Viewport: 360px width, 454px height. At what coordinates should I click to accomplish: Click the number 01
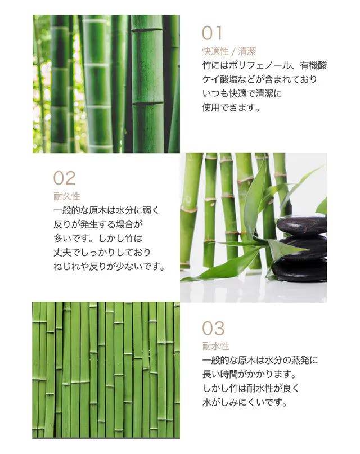[212, 33]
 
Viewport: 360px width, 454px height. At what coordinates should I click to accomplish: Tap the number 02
[65, 178]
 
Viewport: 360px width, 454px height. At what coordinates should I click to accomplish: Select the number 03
[213, 329]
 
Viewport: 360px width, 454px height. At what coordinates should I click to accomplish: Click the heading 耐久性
[66, 196]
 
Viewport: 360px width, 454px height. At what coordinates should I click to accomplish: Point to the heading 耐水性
[215, 346]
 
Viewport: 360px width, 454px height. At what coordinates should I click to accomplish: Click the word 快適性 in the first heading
[215, 52]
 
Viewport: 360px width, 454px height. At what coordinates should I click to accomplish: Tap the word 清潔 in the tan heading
[247, 52]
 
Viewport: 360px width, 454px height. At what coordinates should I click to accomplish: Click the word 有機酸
[313, 65]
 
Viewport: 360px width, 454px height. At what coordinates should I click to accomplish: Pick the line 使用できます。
[231, 107]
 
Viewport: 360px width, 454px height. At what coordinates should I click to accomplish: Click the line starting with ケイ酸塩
[259, 79]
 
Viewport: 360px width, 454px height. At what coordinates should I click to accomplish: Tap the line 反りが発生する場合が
[98, 224]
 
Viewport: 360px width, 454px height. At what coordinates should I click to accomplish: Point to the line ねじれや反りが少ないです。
[109, 266]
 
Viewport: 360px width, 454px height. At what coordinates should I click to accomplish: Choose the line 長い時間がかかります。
[249, 374]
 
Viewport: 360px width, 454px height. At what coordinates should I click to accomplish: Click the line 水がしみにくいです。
[245, 402]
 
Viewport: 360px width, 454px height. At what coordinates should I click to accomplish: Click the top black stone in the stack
[302, 225]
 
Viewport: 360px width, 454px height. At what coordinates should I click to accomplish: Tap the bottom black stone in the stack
[300, 270]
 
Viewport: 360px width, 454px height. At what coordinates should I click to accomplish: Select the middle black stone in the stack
[304, 248]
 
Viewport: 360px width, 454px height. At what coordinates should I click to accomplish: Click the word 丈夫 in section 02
[62, 253]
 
